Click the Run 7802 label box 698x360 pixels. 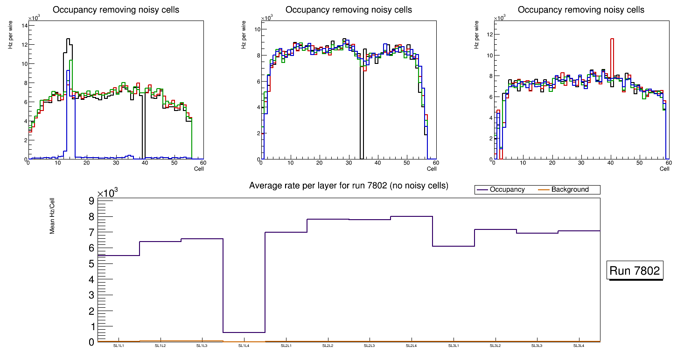tap(635, 271)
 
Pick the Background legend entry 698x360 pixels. tap(570, 190)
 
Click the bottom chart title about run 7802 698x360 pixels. tap(349, 186)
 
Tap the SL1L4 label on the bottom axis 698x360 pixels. tap(244, 346)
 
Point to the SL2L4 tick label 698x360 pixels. tap(411, 346)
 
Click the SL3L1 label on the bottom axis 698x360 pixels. tap(453, 346)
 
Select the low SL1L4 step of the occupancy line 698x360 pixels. tap(244, 332)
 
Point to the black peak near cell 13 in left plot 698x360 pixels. tap(68, 39)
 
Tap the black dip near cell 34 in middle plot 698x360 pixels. tap(362, 117)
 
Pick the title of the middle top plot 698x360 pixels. tap(349, 10)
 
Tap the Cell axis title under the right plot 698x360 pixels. tap(664, 169)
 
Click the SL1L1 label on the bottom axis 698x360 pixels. tap(119, 346)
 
